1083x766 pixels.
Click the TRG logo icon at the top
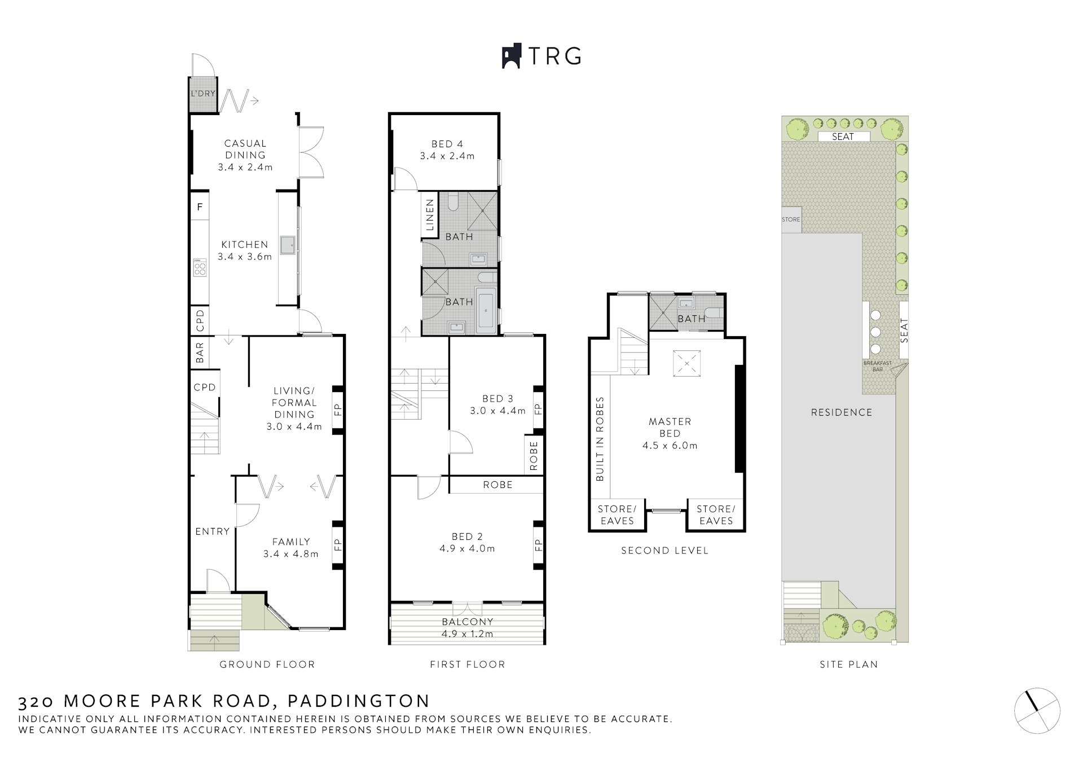(x=511, y=56)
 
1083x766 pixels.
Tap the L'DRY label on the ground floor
(x=202, y=93)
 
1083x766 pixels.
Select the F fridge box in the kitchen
(x=200, y=207)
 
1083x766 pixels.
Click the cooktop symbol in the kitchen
(x=200, y=267)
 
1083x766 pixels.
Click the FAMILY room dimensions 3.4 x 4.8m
(x=290, y=554)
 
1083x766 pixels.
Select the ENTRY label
(x=212, y=531)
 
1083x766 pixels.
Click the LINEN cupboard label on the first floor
(x=430, y=215)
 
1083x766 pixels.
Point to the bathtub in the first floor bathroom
(x=486, y=309)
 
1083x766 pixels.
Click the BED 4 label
(x=447, y=144)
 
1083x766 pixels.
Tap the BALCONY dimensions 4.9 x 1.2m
(x=467, y=633)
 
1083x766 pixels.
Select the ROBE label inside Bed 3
(x=534, y=456)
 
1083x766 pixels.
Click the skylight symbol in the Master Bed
(x=686, y=363)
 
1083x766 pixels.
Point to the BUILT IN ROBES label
(x=600, y=439)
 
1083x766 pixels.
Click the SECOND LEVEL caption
(x=664, y=551)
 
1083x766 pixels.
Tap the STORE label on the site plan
(x=791, y=219)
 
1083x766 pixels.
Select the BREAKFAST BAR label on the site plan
(x=877, y=366)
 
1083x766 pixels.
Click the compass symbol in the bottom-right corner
(x=1037, y=711)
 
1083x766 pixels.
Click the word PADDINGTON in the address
(x=359, y=701)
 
